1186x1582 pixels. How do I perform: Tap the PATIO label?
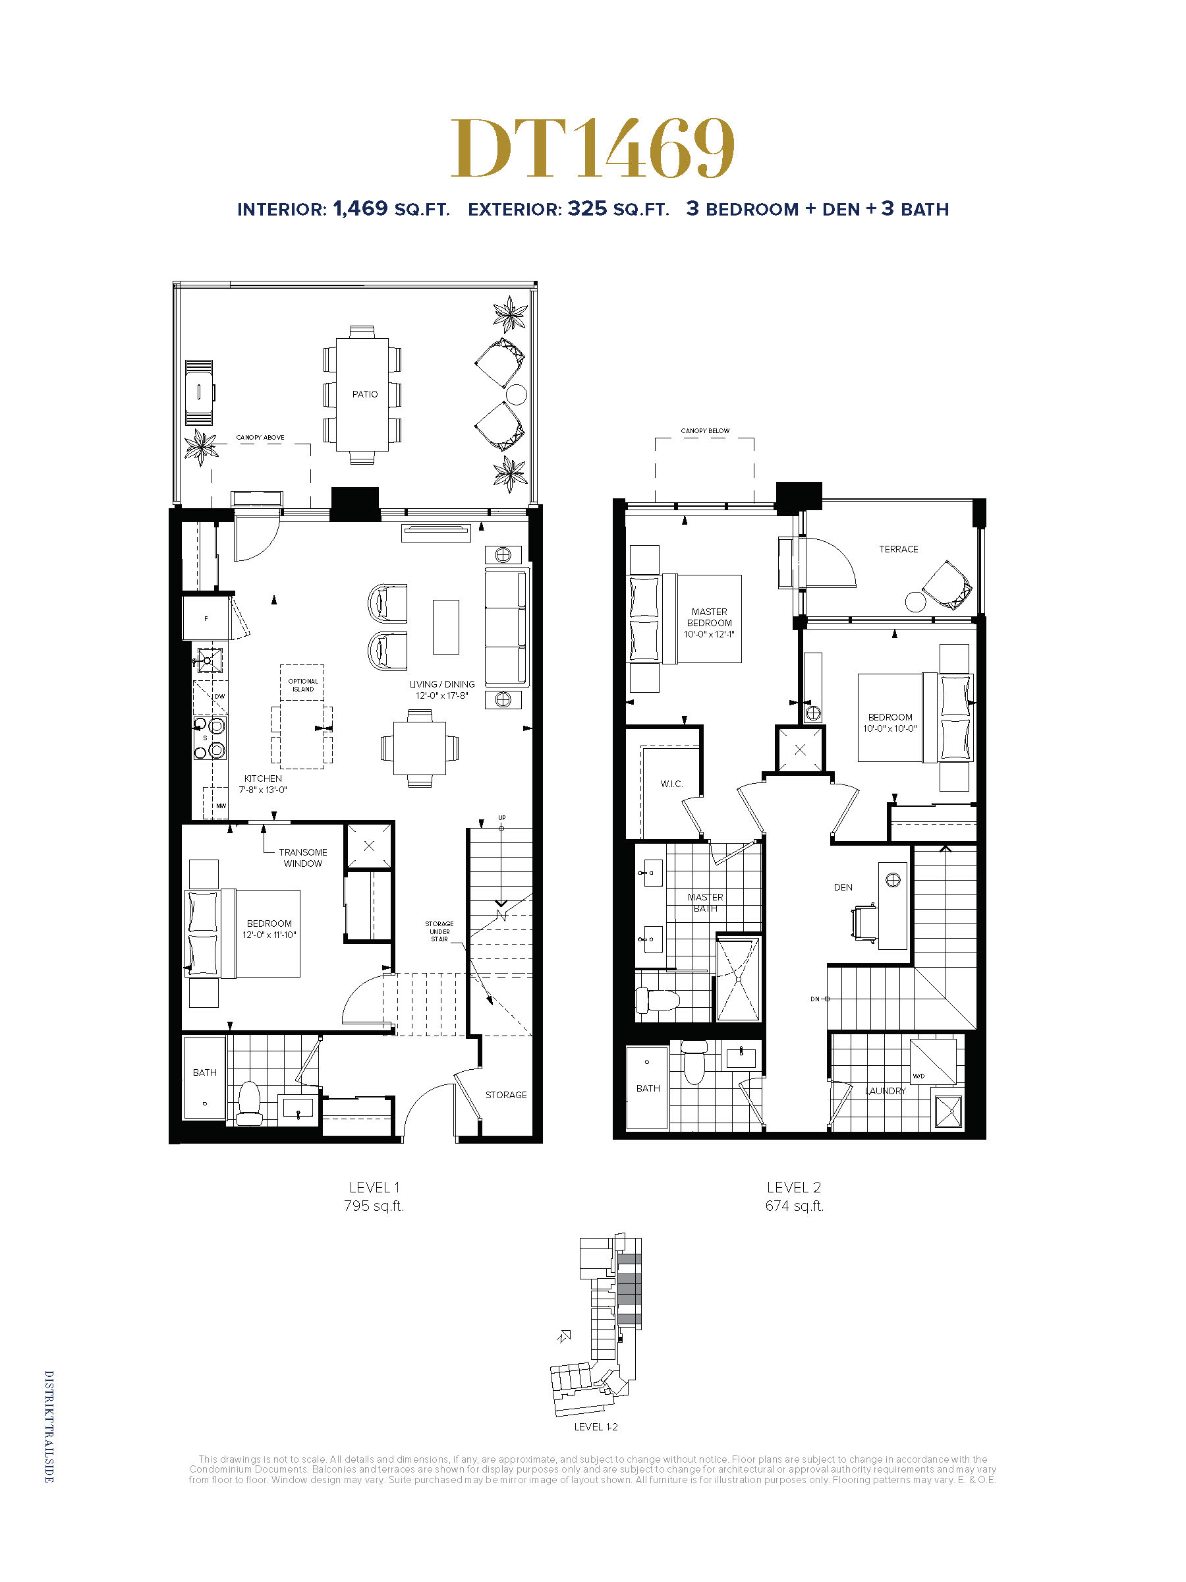(364, 394)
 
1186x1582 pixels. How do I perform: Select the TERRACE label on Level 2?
(899, 549)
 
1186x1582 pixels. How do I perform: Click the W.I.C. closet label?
(671, 784)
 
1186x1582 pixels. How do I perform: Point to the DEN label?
(843, 887)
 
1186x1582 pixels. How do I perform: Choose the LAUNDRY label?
(885, 1091)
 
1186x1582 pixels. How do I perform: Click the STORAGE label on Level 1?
(505, 1095)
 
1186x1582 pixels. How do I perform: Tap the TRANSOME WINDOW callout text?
(303, 858)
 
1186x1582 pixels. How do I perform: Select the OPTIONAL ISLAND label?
(303, 685)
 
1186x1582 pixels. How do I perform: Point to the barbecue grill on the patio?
(200, 393)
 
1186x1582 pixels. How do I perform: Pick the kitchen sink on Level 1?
(209, 660)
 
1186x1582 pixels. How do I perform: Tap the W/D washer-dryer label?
(918, 1076)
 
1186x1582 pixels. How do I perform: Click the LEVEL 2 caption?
(793, 1187)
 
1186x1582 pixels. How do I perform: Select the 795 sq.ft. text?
(374, 1206)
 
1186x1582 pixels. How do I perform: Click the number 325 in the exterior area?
(587, 209)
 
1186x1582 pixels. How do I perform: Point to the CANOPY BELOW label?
(705, 430)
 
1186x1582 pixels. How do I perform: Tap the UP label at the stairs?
(502, 817)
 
